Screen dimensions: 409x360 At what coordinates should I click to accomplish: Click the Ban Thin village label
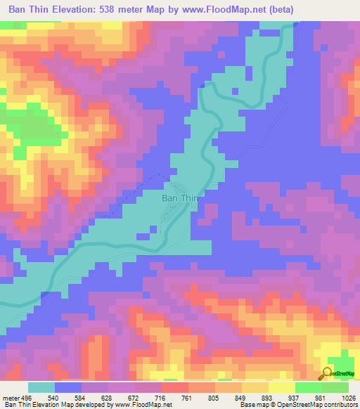181,198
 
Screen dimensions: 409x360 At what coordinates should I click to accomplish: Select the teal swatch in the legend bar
41,387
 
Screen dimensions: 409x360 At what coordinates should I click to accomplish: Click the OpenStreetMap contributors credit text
310,404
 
